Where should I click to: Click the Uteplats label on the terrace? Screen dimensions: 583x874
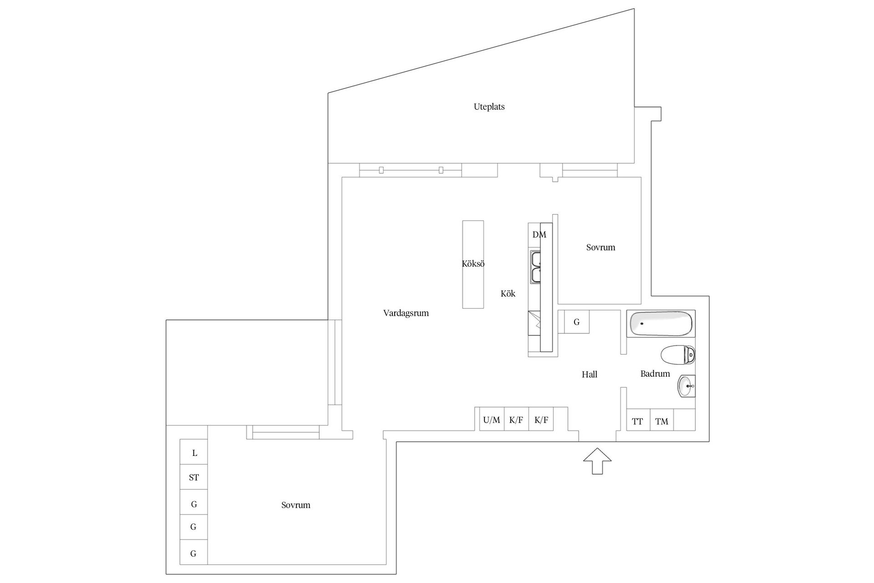(489, 107)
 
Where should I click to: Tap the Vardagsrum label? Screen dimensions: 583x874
(406, 313)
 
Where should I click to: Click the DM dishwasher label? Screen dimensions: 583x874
(539, 235)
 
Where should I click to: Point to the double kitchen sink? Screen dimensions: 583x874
(536, 267)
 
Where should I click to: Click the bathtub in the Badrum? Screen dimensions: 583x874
(661, 323)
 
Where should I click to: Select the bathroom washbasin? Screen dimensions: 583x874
(686, 386)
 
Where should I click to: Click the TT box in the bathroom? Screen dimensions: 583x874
(637, 421)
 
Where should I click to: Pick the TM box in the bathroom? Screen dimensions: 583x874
(661, 421)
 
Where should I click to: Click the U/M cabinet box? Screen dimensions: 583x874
(492, 420)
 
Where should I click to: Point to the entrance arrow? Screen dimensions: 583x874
(597, 460)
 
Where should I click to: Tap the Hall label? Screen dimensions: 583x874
(589, 374)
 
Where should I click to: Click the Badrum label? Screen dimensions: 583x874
(655, 374)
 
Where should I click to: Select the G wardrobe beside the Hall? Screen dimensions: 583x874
(576, 322)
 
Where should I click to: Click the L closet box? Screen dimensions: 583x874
(194, 452)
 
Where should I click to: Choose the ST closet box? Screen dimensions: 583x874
(194, 477)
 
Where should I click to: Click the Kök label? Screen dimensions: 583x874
(508, 294)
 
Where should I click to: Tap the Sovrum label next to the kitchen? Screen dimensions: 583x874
(600, 248)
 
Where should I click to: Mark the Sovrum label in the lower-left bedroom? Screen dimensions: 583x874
(295, 505)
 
